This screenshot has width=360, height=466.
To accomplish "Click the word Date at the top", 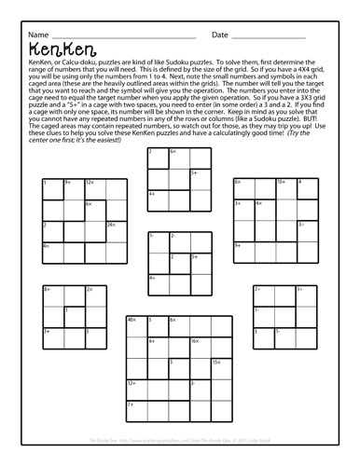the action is click(x=220, y=34).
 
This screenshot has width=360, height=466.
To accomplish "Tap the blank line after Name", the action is click(x=112, y=37).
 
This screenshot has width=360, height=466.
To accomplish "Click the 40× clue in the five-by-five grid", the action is click(x=132, y=320).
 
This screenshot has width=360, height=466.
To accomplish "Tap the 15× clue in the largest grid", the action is click(x=215, y=362).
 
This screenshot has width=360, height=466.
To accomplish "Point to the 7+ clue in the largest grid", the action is click(x=131, y=404).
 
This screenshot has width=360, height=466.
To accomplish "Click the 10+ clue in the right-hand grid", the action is click(x=281, y=182).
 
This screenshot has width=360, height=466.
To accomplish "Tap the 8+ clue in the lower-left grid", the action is click(x=47, y=290).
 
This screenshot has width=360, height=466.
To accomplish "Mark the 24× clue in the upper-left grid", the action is click(x=110, y=224).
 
